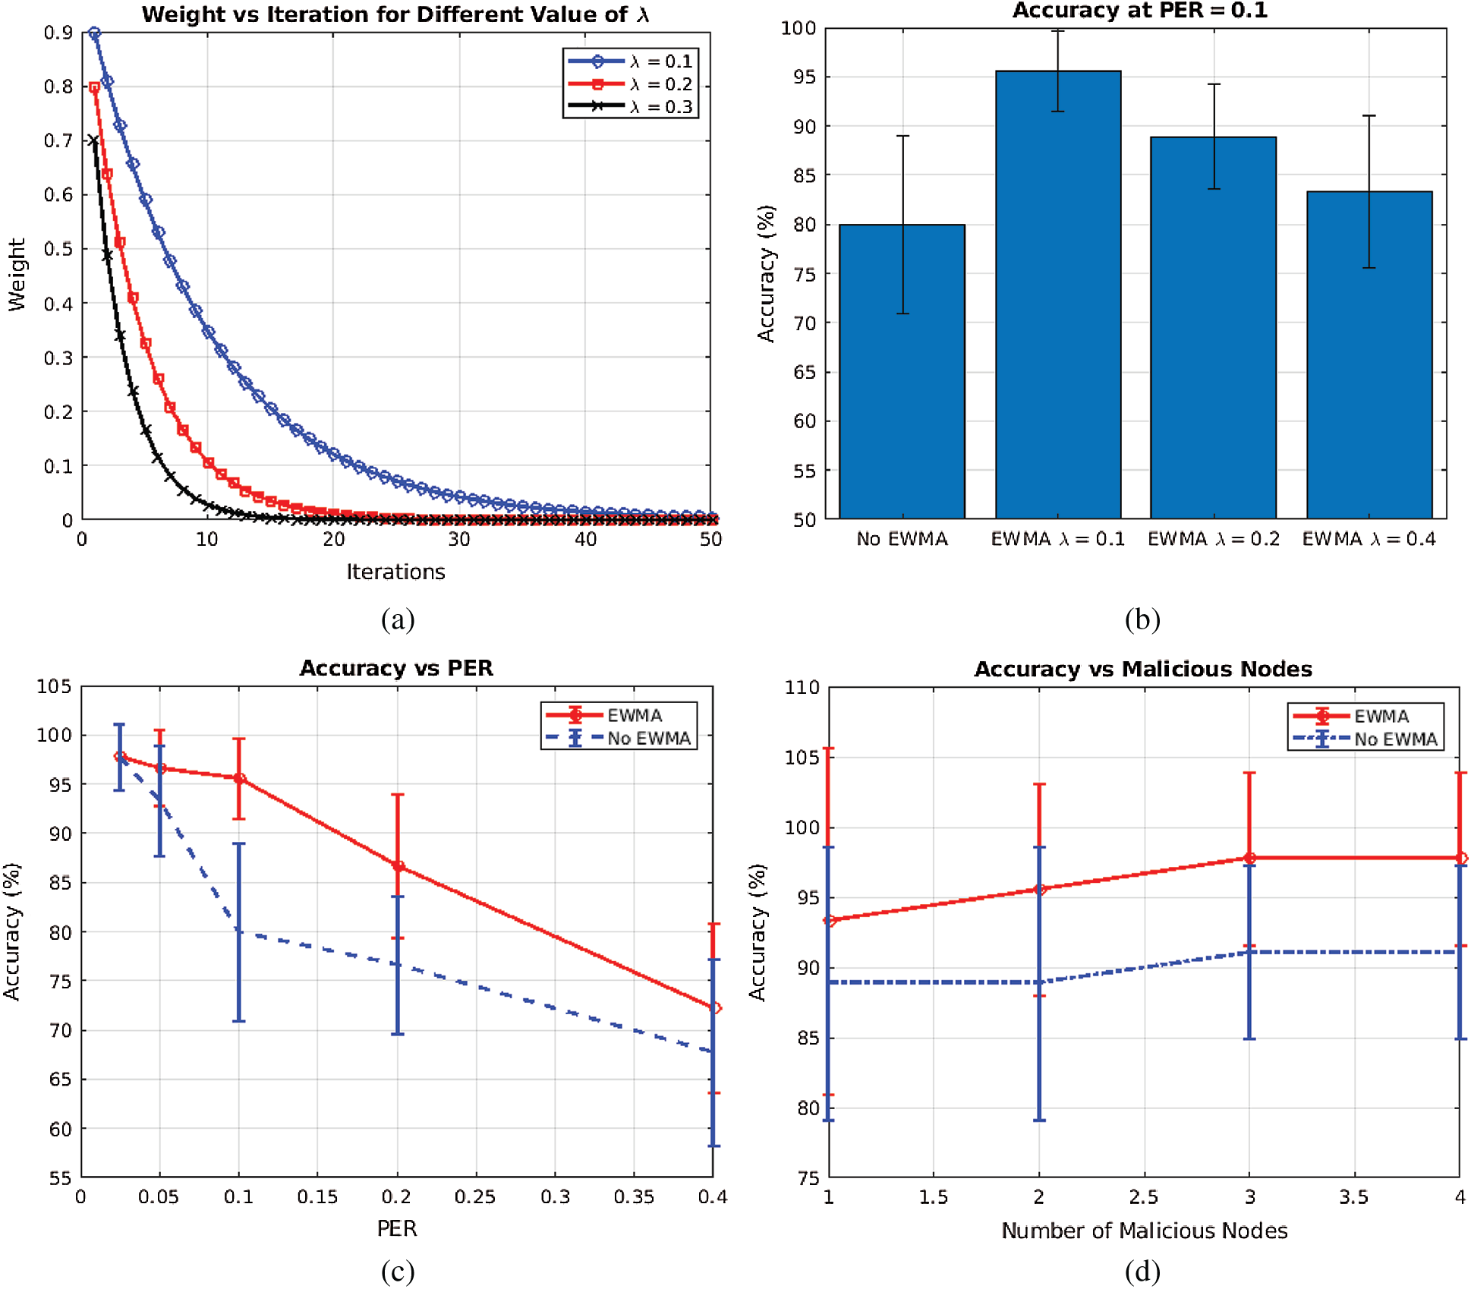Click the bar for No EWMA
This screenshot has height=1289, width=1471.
pyautogui.click(x=902, y=372)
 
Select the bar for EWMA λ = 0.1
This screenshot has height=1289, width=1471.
pyautogui.click(x=1058, y=296)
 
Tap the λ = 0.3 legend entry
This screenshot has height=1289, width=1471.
pyautogui.click(x=630, y=107)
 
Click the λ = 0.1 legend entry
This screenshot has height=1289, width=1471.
pyautogui.click(x=630, y=61)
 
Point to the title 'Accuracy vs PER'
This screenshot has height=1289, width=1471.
pyautogui.click(x=396, y=668)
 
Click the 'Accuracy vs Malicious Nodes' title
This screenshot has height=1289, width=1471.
pyautogui.click(x=1143, y=669)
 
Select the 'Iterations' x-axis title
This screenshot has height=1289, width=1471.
pyautogui.click(x=395, y=572)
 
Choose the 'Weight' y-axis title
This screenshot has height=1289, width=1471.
pyautogui.click(x=17, y=275)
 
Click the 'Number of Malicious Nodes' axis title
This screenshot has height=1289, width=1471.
pyautogui.click(x=1144, y=1231)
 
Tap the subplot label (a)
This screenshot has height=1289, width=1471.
pyautogui.click(x=398, y=619)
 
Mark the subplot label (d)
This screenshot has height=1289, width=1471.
pyautogui.click(x=1142, y=1271)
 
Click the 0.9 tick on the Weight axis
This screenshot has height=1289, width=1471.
pyautogui.click(x=58, y=33)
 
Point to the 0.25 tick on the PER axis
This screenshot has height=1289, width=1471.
pyautogui.click(x=475, y=1197)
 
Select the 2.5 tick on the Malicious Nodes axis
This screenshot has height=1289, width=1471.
pyautogui.click(x=1144, y=1198)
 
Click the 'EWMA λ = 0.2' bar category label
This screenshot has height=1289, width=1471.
pyautogui.click(x=1213, y=539)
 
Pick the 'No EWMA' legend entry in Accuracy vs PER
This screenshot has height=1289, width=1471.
pyautogui.click(x=619, y=738)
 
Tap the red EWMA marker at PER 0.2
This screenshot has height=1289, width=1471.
pyautogui.click(x=398, y=866)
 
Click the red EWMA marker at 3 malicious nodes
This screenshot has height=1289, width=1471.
pyautogui.click(x=1249, y=858)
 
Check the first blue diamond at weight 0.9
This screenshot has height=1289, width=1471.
pyautogui.click(x=94, y=33)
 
